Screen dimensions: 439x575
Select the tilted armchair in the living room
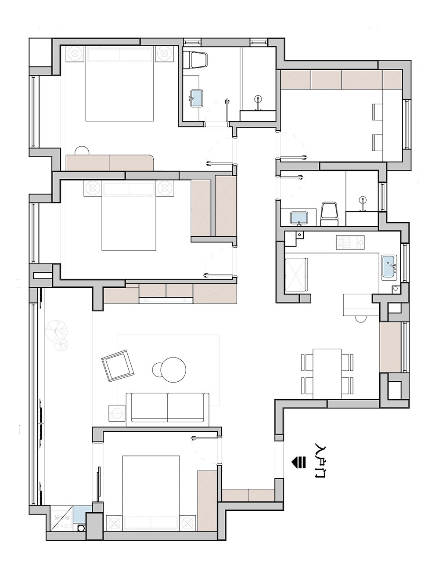(x=118, y=366)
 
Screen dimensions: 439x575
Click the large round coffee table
(x=173, y=370)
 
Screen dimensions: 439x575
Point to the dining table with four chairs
(x=327, y=374)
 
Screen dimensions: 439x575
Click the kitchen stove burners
(x=350, y=242)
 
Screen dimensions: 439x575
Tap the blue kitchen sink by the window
(x=389, y=267)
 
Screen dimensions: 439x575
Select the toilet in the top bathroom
(x=195, y=60)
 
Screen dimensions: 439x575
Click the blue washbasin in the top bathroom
(x=197, y=98)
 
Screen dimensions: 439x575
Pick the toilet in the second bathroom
(x=329, y=214)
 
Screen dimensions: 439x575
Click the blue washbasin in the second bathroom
(x=299, y=218)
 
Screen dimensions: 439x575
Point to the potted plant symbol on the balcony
(x=58, y=335)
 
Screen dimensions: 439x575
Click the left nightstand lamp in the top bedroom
(x=75, y=54)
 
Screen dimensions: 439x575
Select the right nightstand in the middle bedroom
(x=166, y=188)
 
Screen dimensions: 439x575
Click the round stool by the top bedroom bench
(x=82, y=151)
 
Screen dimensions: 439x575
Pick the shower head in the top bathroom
(x=258, y=98)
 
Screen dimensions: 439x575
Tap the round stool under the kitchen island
(x=360, y=319)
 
